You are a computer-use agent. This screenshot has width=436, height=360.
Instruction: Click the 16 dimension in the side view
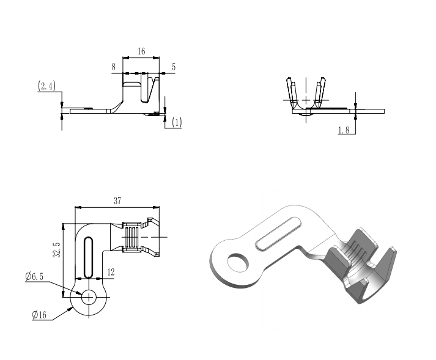(x=141, y=51)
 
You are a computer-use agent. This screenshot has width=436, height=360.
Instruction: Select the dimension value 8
(x=114, y=67)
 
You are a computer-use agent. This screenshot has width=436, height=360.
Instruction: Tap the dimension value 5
(x=174, y=67)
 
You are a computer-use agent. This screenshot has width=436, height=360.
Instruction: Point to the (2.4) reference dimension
(x=46, y=86)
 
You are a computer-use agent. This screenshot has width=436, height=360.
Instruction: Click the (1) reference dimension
(x=177, y=122)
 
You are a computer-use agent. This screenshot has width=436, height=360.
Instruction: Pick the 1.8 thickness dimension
(x=344, y=130)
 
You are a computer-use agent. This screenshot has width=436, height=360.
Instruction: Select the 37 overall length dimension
(x=117, y=200)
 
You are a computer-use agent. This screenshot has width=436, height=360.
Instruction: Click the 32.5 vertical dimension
(x=57, y=249)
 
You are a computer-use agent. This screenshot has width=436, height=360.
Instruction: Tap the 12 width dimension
(x=111, y=272)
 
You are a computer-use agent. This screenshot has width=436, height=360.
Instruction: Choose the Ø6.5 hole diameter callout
(x=34, y=277)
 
